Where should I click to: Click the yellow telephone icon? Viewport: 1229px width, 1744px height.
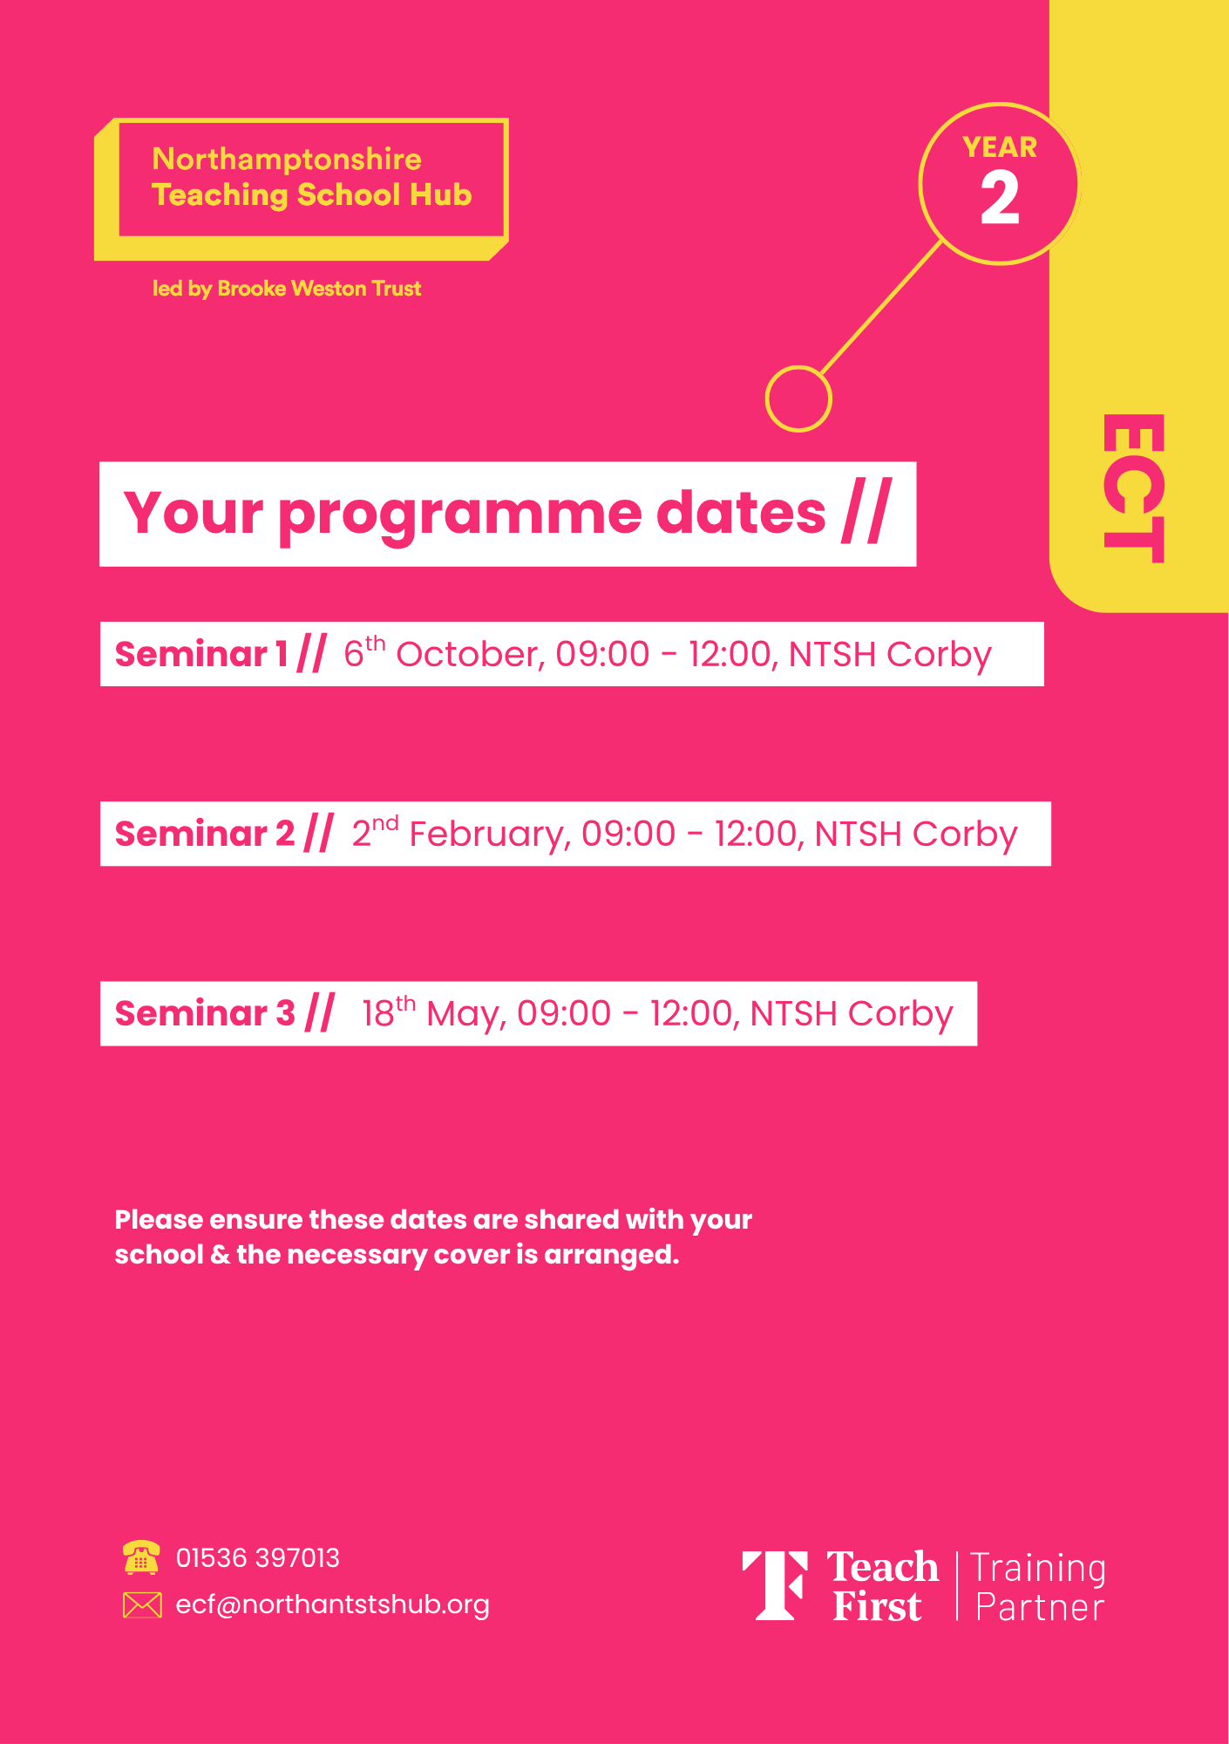coord(141,1557)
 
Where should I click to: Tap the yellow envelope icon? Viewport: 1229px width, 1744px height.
coord(142,1604)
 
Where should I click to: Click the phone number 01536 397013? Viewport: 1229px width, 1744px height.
coord(258,1558)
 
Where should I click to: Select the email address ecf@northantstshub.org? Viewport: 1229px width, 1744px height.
coord(333,1605)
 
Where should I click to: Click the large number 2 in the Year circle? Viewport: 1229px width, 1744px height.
coord(1000,198)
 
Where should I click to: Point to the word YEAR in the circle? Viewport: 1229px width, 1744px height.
coord(1000,147)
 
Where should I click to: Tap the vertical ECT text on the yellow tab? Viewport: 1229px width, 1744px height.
coord(1133,488)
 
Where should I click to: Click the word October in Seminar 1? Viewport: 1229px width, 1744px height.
coord(467,654)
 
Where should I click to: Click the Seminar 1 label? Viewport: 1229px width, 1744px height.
coord(201,654)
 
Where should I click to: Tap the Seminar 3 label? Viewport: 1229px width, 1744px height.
coord(206,1013)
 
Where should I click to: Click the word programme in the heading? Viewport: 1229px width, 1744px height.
coord(465,515)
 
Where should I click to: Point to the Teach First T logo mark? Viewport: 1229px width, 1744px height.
coord(775,1585)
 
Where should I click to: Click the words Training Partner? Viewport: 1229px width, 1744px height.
coord(1038,1587)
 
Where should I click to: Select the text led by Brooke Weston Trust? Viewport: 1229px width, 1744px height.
coord(287,289)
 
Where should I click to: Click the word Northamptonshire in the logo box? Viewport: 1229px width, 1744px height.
coord(287,160)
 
